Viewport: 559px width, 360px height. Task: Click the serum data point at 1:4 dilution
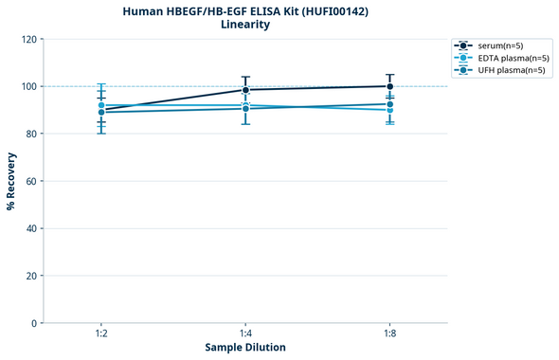pyautogui.click(x=245, y=90)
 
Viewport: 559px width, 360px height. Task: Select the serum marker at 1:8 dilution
pyautogui.click(x=390, y=86)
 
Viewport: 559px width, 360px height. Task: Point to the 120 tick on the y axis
pyautogui.click(x=30, y=39)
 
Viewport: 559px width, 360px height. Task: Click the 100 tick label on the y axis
pyautogui.click(x=30, y=86)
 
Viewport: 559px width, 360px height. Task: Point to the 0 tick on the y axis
pyautogui.click(x=35, y=323)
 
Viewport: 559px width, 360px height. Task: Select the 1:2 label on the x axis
pyautogui.click(x=100, y=334)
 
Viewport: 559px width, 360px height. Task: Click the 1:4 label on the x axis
pyautogui.click(x=245, y=334)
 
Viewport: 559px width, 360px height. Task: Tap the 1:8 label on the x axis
pyautogui.click(x=390, y=334)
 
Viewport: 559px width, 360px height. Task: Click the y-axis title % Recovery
pyautogui.click(x=11, y=181)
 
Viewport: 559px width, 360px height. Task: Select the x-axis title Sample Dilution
pyautogui.click(x=245, y=348)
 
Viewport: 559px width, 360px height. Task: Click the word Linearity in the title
pyautogui.click(x=244, y=25)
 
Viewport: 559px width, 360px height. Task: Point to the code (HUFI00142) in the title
pyautogui.click(x=328, y=10)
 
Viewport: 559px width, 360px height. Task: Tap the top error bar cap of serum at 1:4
pyautogui.click(x=245, y=77)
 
